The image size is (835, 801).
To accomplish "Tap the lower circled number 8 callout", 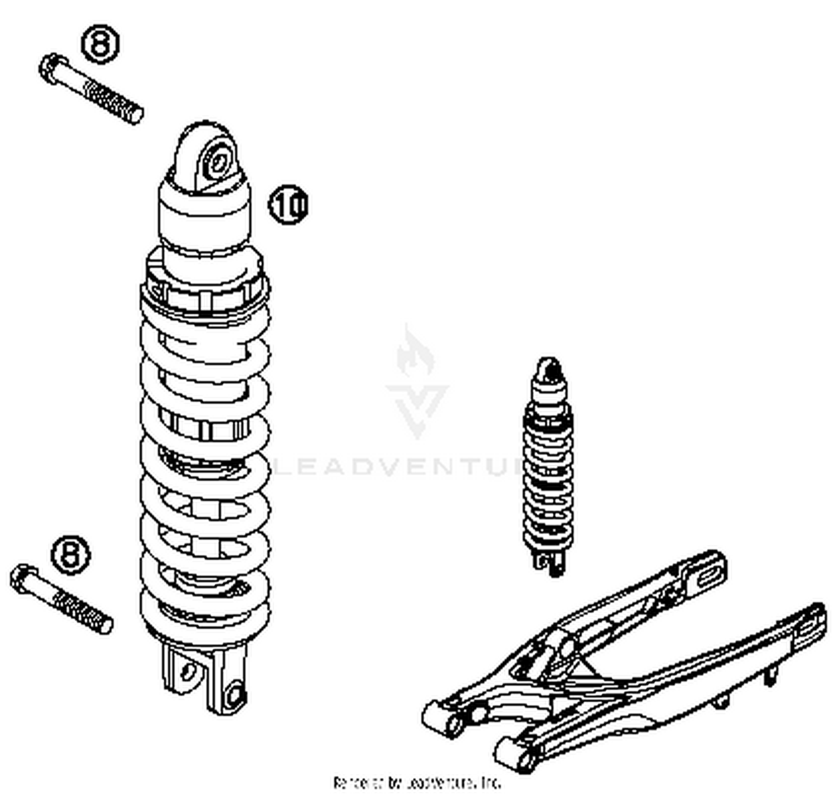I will pos(71,554).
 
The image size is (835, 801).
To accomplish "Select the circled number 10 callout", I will pos(288,204).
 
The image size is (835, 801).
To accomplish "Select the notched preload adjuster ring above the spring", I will pos(205,292).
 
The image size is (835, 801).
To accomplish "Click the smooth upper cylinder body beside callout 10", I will pos(205,214).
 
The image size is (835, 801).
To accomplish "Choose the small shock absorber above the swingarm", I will pos(548,468).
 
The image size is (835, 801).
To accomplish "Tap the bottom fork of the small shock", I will pos(549,563).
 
